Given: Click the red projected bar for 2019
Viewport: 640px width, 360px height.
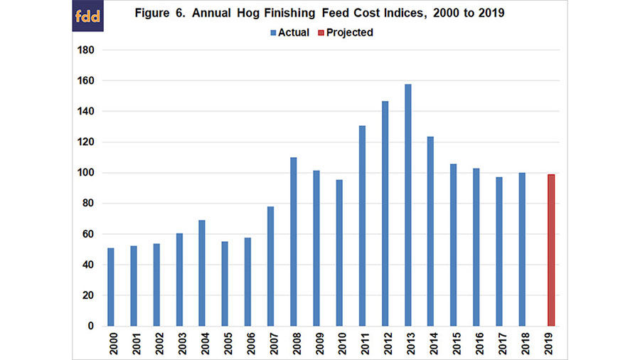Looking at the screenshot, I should [550, 250].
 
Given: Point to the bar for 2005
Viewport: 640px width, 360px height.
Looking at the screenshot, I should [225, 283].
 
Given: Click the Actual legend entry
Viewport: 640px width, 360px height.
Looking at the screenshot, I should [289, 32].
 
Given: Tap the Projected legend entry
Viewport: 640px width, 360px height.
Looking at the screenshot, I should [346, 32].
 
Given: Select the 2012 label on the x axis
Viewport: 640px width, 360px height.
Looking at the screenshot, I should [385, 342].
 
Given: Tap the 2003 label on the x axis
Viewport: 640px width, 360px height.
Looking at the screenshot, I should [179, 342].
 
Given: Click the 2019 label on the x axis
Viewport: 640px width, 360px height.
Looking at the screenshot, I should [550, 342].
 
